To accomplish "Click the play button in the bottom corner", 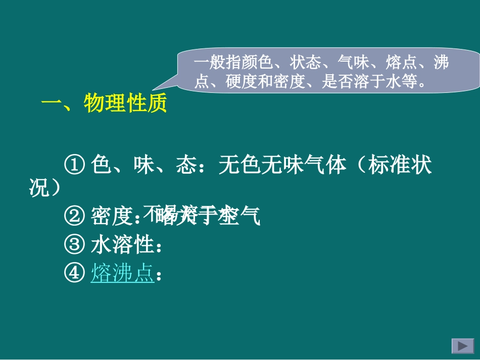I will point(462,346).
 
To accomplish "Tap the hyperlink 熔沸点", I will point(122,273).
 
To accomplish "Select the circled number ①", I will point(74,166).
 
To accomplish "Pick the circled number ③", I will point(74,245).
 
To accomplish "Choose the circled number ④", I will point(74,273).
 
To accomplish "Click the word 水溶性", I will point(122,245).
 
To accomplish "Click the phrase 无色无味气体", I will point(282,166).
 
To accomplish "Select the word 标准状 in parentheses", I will point(400,166).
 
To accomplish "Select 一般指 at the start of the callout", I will point(211,63).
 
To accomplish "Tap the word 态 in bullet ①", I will point(186,166).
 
